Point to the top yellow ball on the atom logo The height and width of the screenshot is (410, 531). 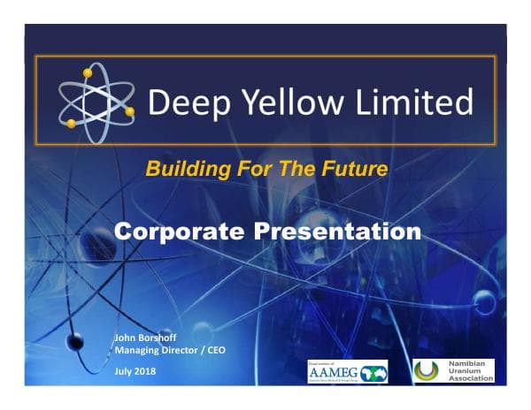[87, 72]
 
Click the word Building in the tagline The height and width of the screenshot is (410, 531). [182, 168]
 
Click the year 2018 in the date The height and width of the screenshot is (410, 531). [144, 370]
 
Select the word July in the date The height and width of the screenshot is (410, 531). [124, 370]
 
